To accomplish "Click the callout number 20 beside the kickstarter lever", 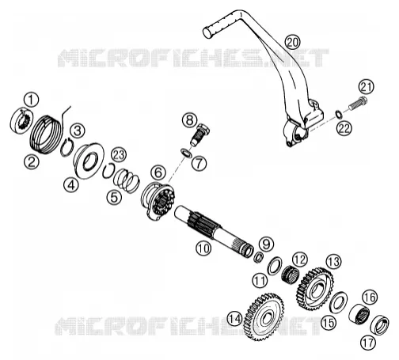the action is click(293, 42).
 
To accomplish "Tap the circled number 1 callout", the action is click(31, 100).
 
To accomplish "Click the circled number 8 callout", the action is click(189, 120).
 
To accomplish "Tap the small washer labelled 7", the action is click(186, 153).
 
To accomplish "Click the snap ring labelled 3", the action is click(66, 146).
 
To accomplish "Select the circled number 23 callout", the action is click(119, 155).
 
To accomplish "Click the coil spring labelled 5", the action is click(126, 180).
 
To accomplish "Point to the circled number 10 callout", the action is click(203, 248).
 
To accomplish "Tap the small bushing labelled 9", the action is click(259, 256).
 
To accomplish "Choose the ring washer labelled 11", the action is click(275, 266).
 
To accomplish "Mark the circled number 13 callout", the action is click(333, 262).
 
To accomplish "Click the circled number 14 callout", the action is click(234, 319).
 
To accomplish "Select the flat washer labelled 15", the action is click(338, 301).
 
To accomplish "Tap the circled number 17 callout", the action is click(368, 343).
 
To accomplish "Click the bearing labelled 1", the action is click(21, 120).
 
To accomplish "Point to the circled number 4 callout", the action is click(71, 185).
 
